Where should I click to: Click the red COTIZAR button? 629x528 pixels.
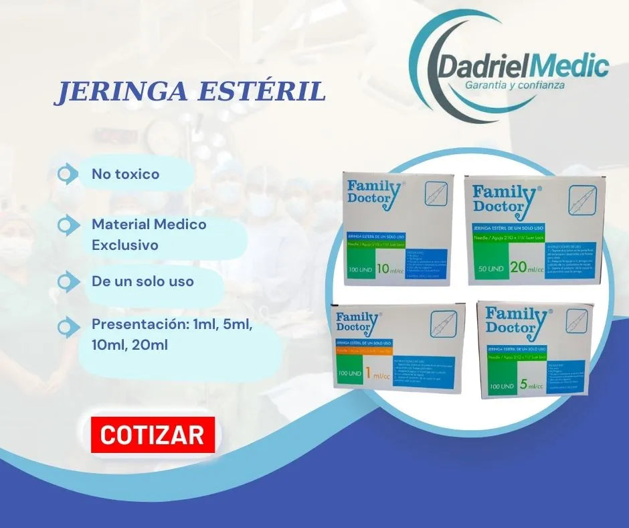[x=153, y=435]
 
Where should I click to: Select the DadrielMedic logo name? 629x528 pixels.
[x=523, y=67]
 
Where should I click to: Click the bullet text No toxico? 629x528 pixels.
[x=126, y=174]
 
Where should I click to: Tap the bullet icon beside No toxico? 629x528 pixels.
[x=67, y=174]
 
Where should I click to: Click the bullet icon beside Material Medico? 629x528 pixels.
[x=67, y=225]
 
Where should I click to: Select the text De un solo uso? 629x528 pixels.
[x=143, y=281]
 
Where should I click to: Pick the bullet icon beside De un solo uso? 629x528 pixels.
[x=67, y=281]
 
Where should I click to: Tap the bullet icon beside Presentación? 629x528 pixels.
[x=67, y=327]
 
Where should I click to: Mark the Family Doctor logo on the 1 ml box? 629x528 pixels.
[x=359, y=321]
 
